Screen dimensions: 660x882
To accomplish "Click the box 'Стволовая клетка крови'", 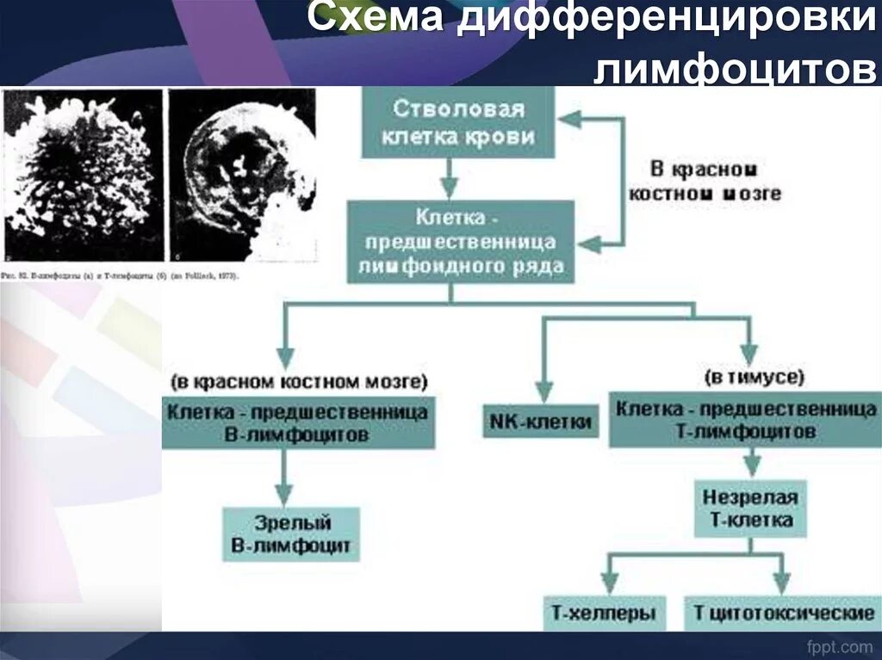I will tap(459, 123).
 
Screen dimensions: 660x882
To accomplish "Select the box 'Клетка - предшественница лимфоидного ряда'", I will tap(461, 242).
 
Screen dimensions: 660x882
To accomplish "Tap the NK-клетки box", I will tap(541, 422).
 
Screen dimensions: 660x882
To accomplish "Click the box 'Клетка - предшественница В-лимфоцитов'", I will tap(298, 423).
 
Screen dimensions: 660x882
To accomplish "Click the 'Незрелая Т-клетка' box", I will tap(749, 509).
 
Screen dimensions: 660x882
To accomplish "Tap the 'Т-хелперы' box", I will tap(604, 614).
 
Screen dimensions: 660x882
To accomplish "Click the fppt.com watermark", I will tap(839, 645).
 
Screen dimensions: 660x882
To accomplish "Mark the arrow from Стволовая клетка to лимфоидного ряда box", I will tap(447, 179).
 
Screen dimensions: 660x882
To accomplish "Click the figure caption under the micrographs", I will tap(121, 277).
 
